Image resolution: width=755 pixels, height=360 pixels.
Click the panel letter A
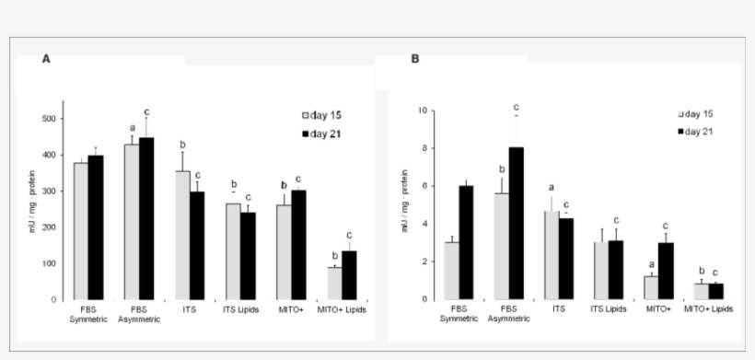click(x=46, y=58)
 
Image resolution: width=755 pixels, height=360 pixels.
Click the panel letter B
click(x=414, y=58)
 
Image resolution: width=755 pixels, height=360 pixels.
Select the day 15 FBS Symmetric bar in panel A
click(x=81, y=230)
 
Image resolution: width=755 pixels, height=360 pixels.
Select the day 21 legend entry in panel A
click(x=322, y=134)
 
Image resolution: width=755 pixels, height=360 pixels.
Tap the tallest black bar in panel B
click(x=517, y=223)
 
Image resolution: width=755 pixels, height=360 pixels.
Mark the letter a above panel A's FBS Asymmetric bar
click(x=132, y=128)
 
